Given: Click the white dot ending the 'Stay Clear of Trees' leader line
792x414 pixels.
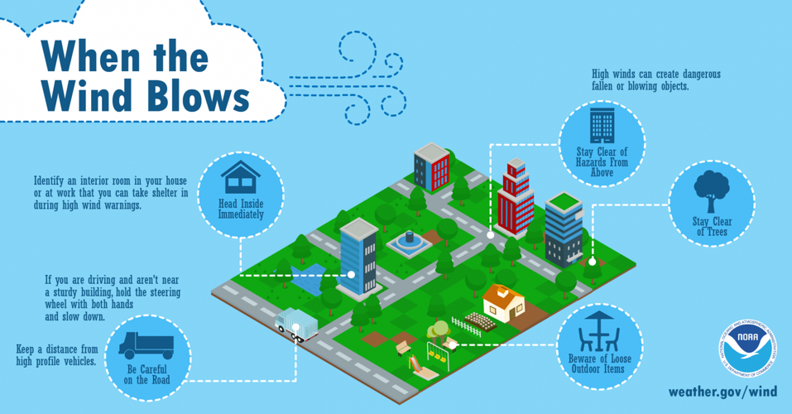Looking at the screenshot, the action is (592, 262).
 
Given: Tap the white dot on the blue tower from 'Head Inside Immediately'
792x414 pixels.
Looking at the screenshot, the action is (351, 275).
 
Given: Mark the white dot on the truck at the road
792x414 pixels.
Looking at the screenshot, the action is (295, 327).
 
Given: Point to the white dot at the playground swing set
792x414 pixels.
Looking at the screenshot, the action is (453, 345).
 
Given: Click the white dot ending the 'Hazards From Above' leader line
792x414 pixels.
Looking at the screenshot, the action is (490, 235).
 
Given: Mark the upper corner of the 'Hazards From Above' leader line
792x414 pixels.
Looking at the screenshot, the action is (491, 145).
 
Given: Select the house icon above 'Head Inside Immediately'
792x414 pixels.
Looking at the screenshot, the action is (241, 177).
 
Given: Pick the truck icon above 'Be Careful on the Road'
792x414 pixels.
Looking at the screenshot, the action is (146, 345).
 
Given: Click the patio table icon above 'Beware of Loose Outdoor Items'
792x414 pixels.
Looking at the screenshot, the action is (599, 331).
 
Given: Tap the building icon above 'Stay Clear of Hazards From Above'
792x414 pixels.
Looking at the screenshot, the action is (602, 125).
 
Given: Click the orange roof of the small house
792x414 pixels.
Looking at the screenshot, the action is (503, 293).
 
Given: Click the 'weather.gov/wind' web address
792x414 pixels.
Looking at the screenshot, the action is (722, 392).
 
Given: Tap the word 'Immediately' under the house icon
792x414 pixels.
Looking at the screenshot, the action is (241, 214).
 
